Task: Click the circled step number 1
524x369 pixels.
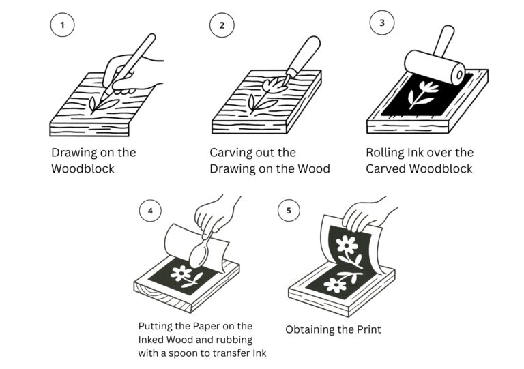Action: (62, 27)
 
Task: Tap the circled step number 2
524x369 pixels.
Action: (222, 27)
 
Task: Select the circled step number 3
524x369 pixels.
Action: (381, 23)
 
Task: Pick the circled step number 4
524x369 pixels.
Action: (149, 211)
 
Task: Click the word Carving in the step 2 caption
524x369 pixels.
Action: (233, 153)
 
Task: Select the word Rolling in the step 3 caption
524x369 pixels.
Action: (386, 153)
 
